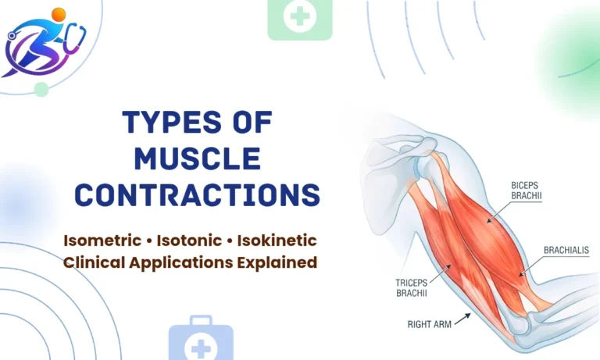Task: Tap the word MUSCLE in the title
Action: click(x=197, y=159)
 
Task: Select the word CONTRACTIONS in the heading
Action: click(x=197, y=194)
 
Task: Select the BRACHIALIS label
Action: click(x=566, y=250)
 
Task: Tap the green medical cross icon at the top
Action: click(x=299, y=17)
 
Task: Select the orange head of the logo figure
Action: click(x=59, y=14)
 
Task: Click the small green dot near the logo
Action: click(x=41, y=90)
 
